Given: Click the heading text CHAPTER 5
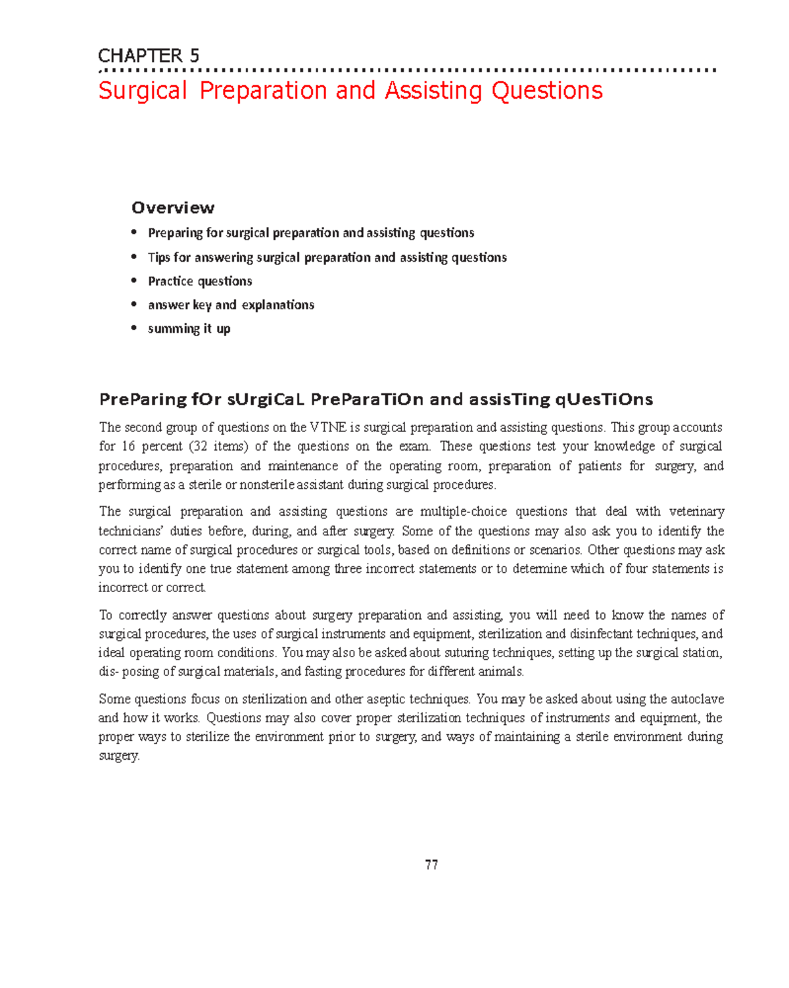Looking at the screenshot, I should pyautogui.click(x=149, y=56).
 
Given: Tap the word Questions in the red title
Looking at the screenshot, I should pyautogui.click(x=547, y=91).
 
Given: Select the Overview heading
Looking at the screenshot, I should pyautogui.click(x=173, y=208).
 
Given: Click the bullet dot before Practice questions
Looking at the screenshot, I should pyautogui.click(x=134, y=281).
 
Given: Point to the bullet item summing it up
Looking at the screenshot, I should pyautogui.click(x=189, y=328).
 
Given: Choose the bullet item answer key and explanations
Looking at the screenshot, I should pyautogui.click(x=231, y=305).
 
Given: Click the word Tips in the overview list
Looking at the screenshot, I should pyautogui.click(x=158, y=257).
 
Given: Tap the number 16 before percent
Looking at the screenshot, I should pyautogui.click(x=128, y=447).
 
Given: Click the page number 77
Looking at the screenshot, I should pyautogui.click(x=431, y=865).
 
